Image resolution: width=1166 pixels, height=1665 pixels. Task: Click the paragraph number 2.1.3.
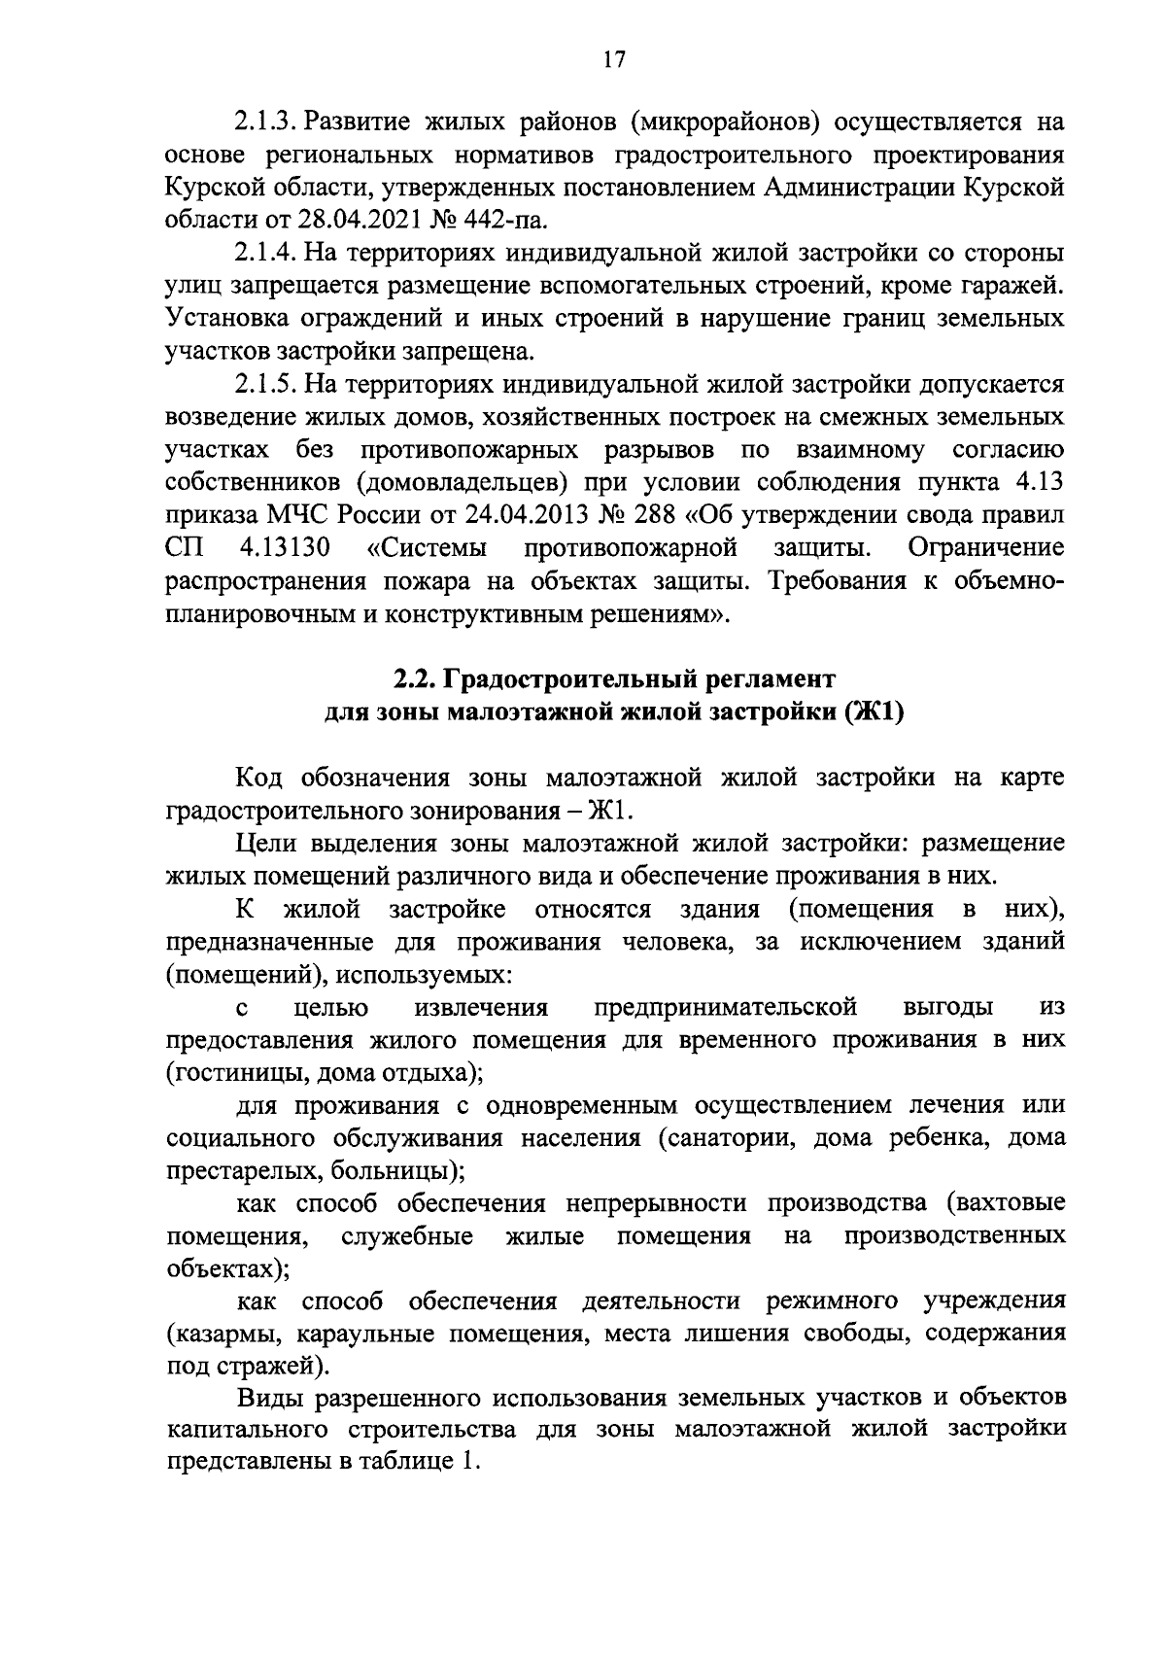tap(263, 122)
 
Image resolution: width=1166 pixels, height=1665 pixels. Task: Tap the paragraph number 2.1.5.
tap(263, 385)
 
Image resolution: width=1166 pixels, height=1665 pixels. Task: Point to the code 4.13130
tap(284, 548)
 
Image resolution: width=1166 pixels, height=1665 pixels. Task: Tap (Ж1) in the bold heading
tap(875, 711)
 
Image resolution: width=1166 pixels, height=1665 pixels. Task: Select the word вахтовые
tap(1012, 1203)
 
